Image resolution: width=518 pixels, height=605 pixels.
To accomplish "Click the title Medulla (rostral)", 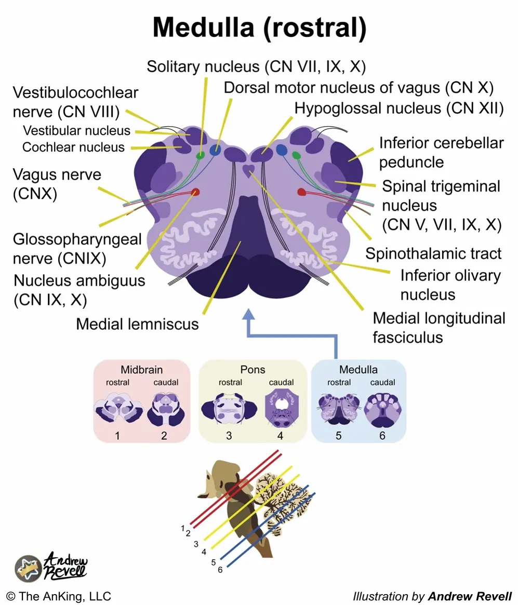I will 259,29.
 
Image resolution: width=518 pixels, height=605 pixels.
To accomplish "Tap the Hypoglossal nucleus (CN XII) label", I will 399,109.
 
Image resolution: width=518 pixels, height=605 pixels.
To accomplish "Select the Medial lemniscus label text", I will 137,324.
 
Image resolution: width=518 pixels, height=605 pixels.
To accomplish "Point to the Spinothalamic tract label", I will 433,253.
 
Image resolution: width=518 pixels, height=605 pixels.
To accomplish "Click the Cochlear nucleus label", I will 73,147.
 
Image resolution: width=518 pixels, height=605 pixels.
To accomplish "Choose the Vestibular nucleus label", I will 76,130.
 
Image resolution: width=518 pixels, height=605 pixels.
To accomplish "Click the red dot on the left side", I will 196,193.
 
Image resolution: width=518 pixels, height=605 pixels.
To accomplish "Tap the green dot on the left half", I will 200,155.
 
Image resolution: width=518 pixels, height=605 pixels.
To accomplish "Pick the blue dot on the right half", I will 282,150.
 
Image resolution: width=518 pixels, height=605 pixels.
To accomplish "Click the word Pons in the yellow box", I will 253,370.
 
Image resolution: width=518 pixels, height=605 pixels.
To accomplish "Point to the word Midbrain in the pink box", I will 141,370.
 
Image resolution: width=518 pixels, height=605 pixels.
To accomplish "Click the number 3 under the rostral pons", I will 229,436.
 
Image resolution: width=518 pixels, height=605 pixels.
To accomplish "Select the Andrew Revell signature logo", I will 52,566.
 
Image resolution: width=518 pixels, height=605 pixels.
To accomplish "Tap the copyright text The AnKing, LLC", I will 58,596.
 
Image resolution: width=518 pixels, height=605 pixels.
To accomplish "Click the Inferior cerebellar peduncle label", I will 441,152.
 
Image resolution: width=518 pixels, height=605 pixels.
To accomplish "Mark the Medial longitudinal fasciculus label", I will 439,328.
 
